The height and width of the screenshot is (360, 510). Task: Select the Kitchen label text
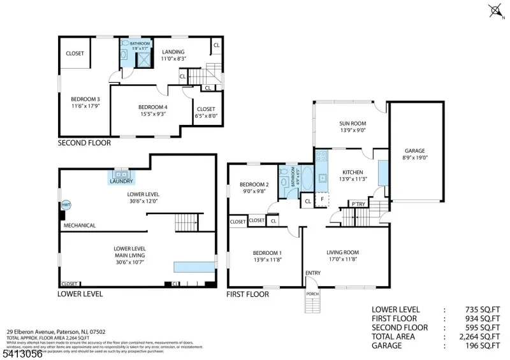(353, 172)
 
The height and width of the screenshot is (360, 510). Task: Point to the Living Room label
(343, 252)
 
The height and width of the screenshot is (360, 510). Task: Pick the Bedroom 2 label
(254, 184)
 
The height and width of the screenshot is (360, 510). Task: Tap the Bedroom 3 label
(85, 99)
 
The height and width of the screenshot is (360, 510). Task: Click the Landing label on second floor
(173, 52)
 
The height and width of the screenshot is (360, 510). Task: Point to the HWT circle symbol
(66, 205)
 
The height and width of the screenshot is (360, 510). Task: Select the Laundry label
(121, 182)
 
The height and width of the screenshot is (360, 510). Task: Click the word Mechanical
(80, 225)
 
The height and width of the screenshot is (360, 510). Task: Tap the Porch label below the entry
(312, 294)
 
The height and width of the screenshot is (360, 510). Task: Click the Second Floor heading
(84, 143)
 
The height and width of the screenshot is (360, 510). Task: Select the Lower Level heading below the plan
(80, 294)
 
